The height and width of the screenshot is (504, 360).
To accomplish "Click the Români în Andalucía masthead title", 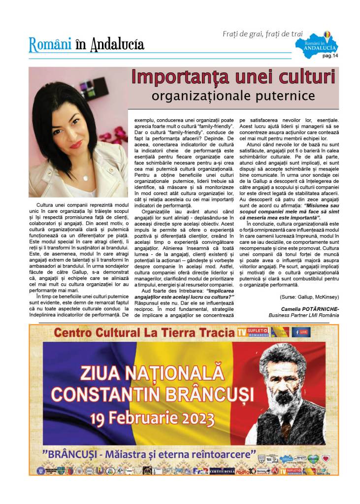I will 87,44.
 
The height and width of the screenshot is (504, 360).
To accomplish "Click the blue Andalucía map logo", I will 318,43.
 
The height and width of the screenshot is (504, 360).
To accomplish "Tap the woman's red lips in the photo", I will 76,144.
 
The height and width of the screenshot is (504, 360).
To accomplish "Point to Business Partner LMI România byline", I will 304,314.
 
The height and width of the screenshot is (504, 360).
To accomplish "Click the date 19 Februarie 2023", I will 153,418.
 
